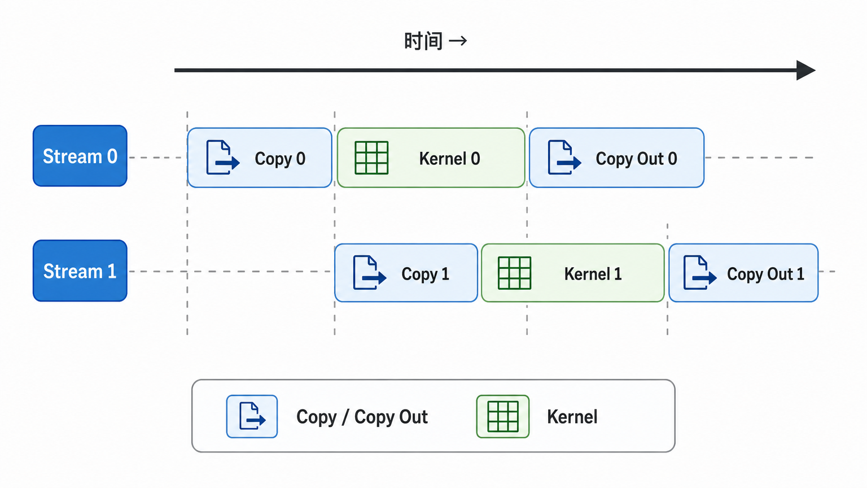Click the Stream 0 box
tap(80, 156)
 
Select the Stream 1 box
tap(80, 271)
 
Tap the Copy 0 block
tap(260, 158)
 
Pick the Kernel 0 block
tap(431, 158)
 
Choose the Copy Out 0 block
tap(616, 158)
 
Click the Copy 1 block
tap(406, 273)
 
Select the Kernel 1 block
tap(573, 273)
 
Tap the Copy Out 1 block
tap(743, 273)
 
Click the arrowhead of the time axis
tap(806, 71)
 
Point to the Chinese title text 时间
tap(423, 41)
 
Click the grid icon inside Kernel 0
tap(371, 158)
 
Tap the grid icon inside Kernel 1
tap(514, 273)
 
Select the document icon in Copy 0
tap(223, 157)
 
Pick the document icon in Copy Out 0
tap(564, 157)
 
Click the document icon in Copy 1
tap(370, 272)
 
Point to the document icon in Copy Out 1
tap(700, 272)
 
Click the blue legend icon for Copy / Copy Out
tap(252, 416)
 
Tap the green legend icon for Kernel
tap(503, 416)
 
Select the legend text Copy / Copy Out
tap(362, 417)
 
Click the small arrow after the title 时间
tap(458, 41)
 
